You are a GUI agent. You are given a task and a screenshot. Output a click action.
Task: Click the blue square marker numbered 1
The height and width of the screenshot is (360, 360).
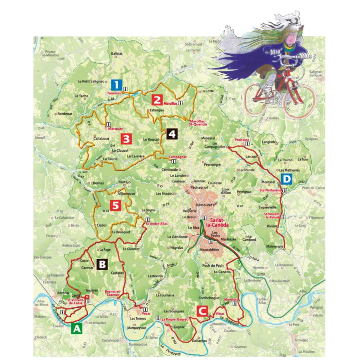(x=116, y=85)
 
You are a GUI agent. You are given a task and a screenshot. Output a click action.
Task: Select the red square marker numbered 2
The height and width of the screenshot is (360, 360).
(x=157, y=100)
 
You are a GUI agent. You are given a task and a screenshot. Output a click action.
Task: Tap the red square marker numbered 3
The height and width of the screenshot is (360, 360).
(x=126, y=139)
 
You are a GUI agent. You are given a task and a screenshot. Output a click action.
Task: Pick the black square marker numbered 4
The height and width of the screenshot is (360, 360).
(x=172, y=134)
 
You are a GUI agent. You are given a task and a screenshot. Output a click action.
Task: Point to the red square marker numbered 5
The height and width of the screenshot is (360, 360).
(x=115, y=206)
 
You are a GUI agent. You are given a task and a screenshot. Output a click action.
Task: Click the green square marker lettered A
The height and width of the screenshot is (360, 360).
(x=77, y=329)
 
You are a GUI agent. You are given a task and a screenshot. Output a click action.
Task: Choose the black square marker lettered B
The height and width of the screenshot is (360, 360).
(x=102, y=265)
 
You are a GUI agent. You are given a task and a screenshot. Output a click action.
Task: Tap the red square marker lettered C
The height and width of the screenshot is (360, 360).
(x=202, y=311)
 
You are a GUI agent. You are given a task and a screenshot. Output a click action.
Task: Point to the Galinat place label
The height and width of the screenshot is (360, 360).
(x=116, y=53)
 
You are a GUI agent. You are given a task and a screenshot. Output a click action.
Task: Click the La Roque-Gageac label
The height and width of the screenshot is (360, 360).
(x=175, y=320)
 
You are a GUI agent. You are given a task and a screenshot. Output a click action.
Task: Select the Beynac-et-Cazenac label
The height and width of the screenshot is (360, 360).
(x=112, y=293)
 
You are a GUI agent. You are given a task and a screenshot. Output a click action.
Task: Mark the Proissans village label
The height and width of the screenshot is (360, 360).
(x=242, y=140)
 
